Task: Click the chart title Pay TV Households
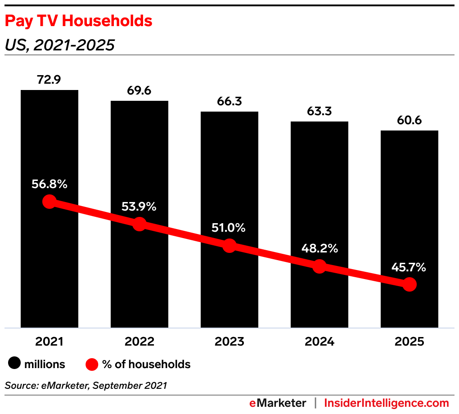(78, 21)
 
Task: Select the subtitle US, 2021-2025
(59, 45)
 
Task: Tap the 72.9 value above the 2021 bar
(49, 80)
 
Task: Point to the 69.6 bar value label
(139, 91)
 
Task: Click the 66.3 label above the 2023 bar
(229, 101)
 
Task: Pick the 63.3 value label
(319, 111)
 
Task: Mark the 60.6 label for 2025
(409, 121)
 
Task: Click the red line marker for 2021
(49, 202)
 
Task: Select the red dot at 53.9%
(139, 224)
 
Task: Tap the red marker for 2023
(229, 246)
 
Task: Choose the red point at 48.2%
(319, 266)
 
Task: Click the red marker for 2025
(409, 284)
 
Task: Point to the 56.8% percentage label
(49, 184)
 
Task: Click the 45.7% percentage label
(408, 268)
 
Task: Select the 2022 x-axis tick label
(139, 342)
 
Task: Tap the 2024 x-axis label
(319, 342)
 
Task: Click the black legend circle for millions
(15, 364)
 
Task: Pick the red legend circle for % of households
(92, 364)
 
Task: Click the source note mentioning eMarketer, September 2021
(86, 385)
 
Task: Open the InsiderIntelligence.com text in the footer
(387, 403)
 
